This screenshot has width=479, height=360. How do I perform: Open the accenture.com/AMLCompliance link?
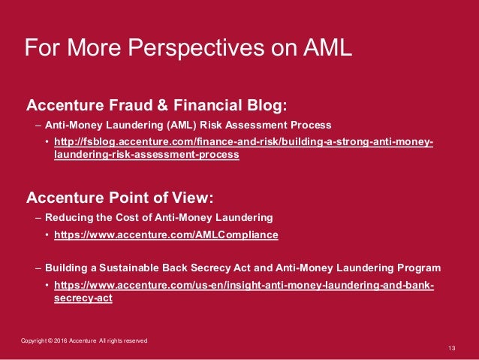pyautogui.click(x=166, y=234)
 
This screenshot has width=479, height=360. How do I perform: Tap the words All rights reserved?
pyautogui.click(x=123, y=341)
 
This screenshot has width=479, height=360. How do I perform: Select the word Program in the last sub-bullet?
pyautogui.click(x=417, y=268)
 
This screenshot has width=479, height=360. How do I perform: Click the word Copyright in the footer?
pyautogui.click(x=33, y=341)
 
